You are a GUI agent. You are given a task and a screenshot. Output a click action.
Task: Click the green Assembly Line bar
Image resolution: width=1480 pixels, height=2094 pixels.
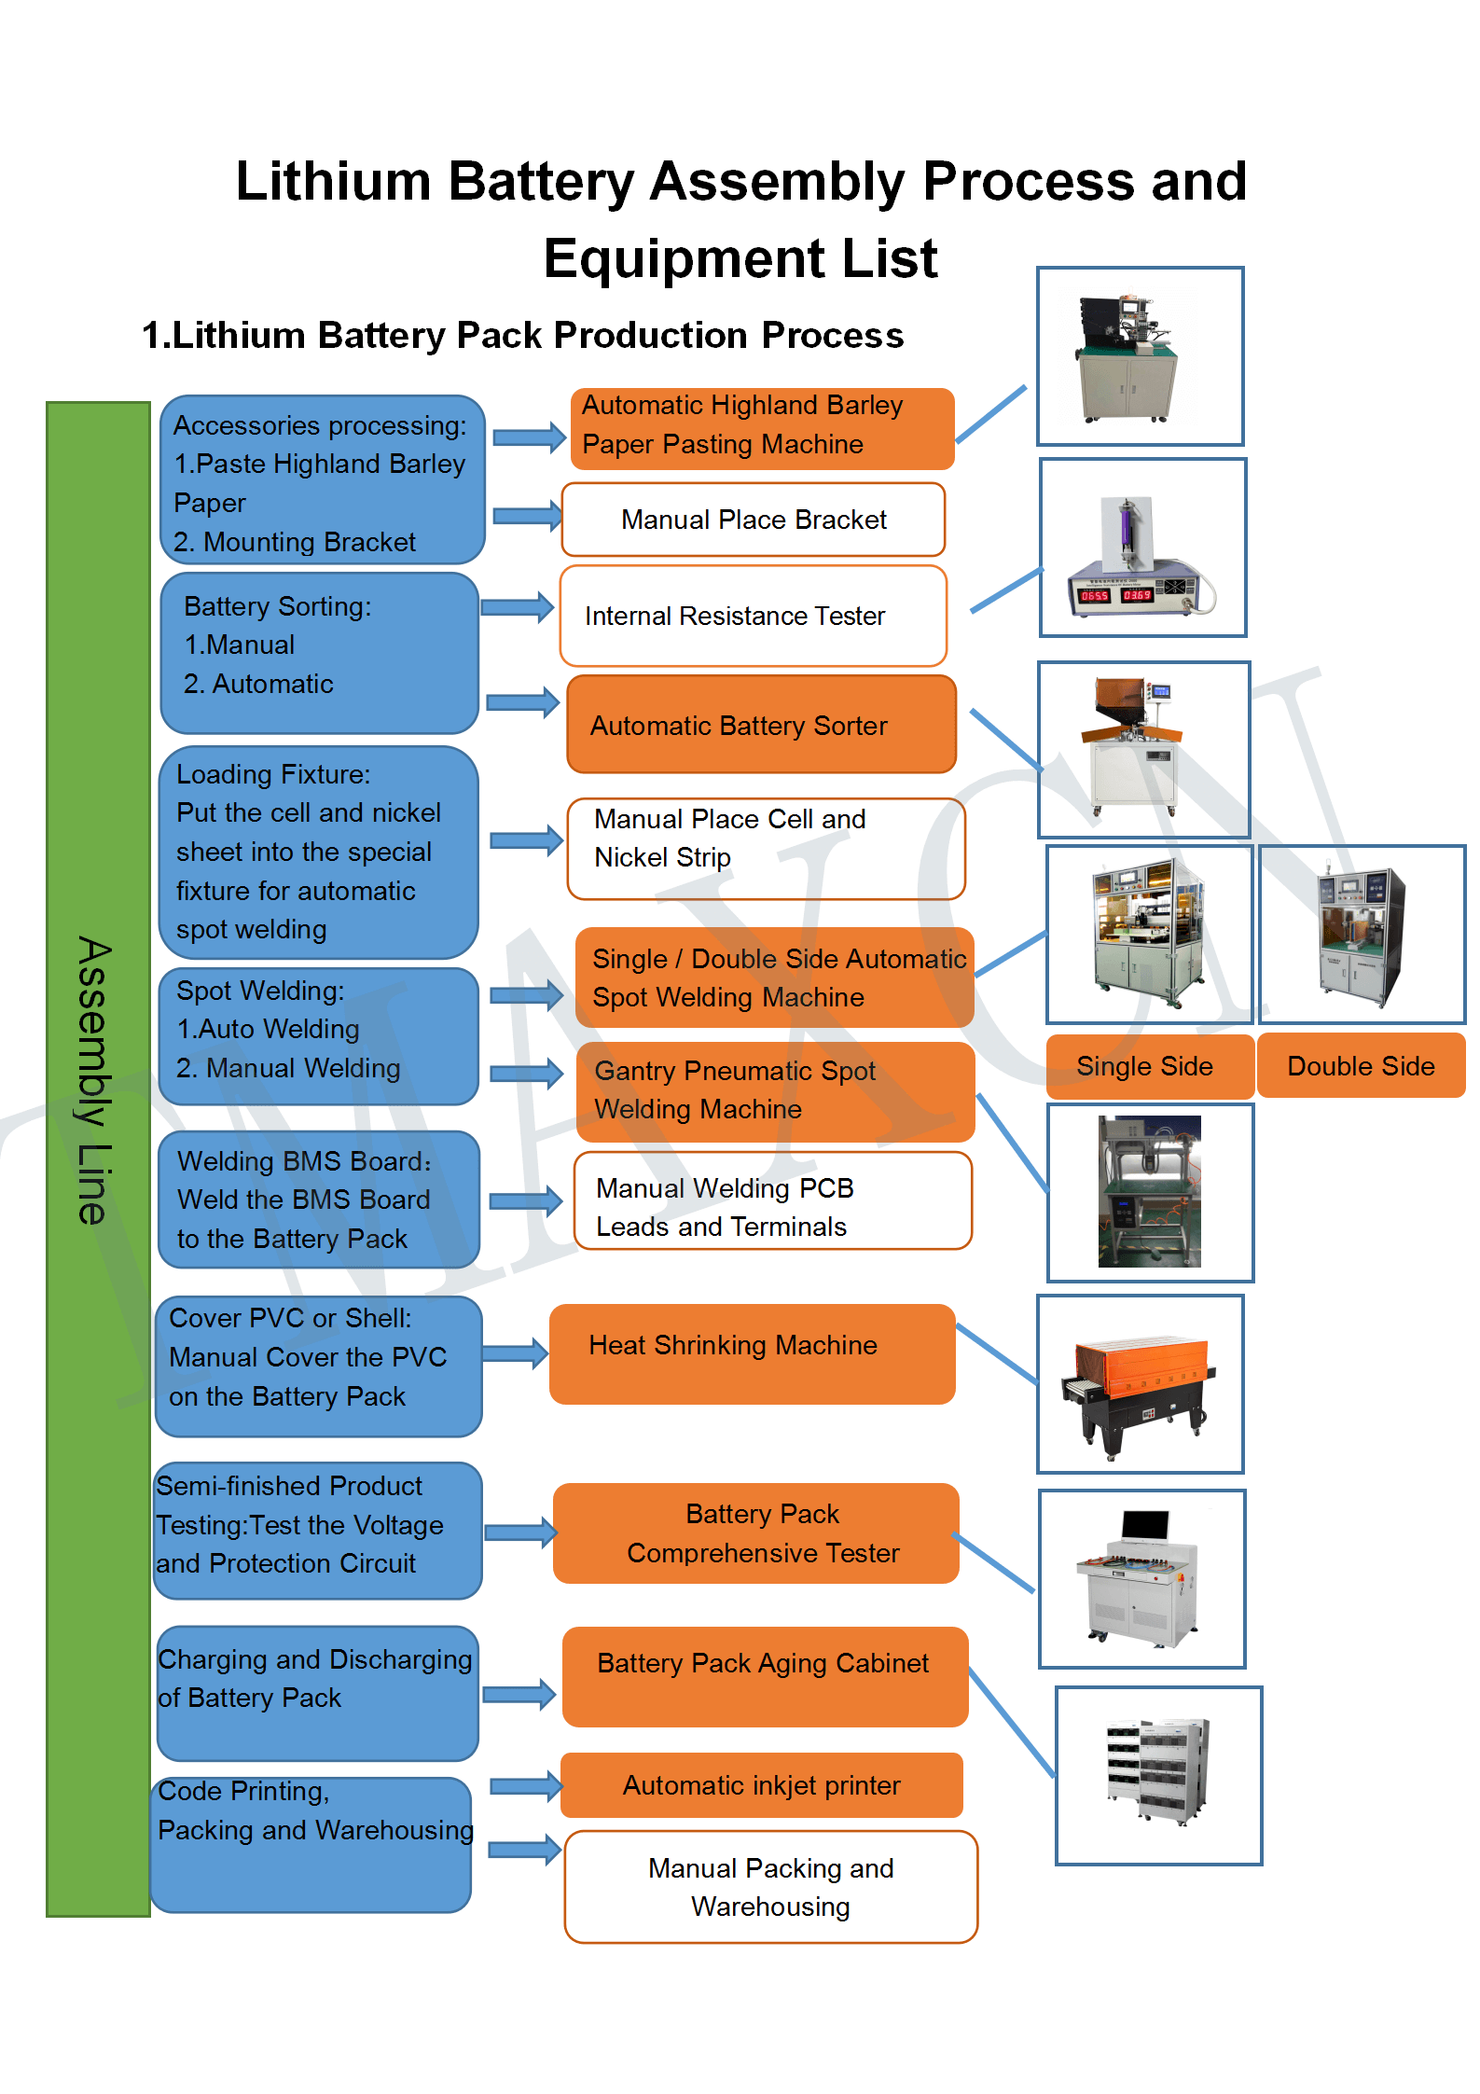[x=98, y=1157]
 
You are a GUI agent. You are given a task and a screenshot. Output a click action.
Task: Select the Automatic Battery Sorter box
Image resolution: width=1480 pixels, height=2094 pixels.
[x=761, y=725]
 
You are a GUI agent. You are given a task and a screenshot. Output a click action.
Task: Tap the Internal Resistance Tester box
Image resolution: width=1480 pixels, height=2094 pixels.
[x=753, y=616]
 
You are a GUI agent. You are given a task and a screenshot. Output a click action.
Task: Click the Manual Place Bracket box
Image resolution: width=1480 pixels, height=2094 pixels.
[x=753, y=520]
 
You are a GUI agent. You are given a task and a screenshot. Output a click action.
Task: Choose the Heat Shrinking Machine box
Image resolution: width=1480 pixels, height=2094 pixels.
[x=752, y=1353]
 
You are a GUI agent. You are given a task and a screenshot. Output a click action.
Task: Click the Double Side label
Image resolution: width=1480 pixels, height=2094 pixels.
[x=1361, y=1066]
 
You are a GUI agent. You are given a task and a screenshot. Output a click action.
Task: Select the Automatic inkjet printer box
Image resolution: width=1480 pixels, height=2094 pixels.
[x=761, y=1785]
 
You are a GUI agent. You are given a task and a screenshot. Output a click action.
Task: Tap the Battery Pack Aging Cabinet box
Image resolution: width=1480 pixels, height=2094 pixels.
[x=765, y=1676]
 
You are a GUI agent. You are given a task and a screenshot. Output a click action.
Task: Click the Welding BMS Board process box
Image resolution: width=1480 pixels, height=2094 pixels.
[x=319, y=1200]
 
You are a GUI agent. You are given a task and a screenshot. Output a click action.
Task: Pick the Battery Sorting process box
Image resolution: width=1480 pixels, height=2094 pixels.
[x=319, y=653]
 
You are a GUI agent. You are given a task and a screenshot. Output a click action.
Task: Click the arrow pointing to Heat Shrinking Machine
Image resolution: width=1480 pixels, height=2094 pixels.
[x=516, y=1353]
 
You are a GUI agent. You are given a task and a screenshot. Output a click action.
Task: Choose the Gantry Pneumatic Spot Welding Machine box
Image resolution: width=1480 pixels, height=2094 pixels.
[x=775, y=1091]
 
